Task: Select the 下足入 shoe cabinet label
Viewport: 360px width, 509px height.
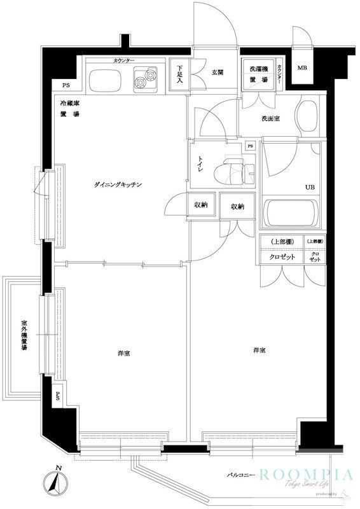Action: click(x=180, y=72)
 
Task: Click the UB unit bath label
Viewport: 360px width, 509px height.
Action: click(x=310, y=187)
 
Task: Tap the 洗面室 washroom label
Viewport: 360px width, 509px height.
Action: click(x=270, y=119)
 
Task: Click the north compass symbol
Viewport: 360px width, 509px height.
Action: click(x=58, y=486)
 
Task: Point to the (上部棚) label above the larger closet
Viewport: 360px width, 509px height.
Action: click(x=280, y=242)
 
